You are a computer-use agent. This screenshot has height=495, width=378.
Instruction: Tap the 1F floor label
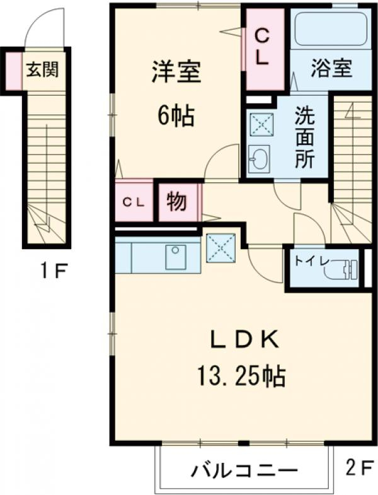pyautogui.click(x=54, y=272)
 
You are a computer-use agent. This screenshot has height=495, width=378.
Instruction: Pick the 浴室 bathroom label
pyautogui.click(x=331, y=68)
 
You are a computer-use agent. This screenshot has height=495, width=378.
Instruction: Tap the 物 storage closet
pyautogui.click(x=176, y=202)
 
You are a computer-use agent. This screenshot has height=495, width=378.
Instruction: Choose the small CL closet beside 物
pyautogui.click(x=134, y=202)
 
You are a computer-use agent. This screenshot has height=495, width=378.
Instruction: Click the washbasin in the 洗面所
pyautogui.click(x=258, y=159)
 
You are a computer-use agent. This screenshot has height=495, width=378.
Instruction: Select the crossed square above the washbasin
pyautogui.click(x=260, y=125)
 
